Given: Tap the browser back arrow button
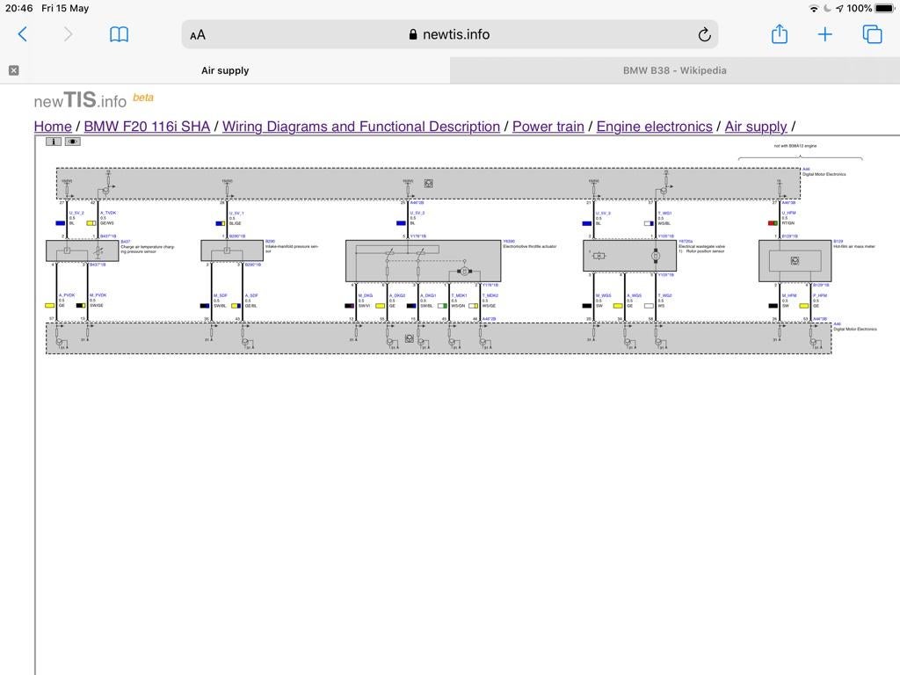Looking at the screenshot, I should pyautogui.click(x=23, y=34).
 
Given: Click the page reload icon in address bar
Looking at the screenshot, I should pyautogui.click(x=704, y=34).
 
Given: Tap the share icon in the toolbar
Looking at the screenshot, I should pyautogui.click(x=779, y=34).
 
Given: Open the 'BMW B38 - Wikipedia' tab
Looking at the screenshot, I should pyautogui.click(x=674, y=70).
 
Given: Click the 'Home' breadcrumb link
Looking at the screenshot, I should pyautogui.click(x=53, y=127).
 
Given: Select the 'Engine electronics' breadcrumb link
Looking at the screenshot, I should pyautogui.click(x=654, y=127).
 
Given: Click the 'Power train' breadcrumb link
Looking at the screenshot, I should pyautogui.click(x=548, y=127).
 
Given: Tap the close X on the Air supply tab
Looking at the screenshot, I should pyautogui.click(x=13, y=70).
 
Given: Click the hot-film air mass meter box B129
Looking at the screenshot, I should pyautogui.click(x=795, y=260).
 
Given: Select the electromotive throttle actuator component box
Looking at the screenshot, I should pyautogui.click(x=423, y=260).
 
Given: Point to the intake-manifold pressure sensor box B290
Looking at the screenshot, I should pyautogui.click(x=232, y=250).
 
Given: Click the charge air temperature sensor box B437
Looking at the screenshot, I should pyautogui.click(x=82, y=250).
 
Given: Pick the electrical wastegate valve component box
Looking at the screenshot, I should pyautogui.click(x=629, y=256).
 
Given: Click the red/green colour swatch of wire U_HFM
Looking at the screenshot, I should pyautogui.click(x=773, y=223).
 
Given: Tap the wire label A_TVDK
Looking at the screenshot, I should pyautogui.click(x=108, y=213).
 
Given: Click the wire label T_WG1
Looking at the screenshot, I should pyautogui.click(x=665, y=213).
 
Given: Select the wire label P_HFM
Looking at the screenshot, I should pyautogui.click(x=820, y=295).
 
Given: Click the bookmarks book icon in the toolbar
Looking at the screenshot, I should pyautogui.click(x=119, y=34).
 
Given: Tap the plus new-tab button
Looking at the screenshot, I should pyautogui.click(x=824, y=34).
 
